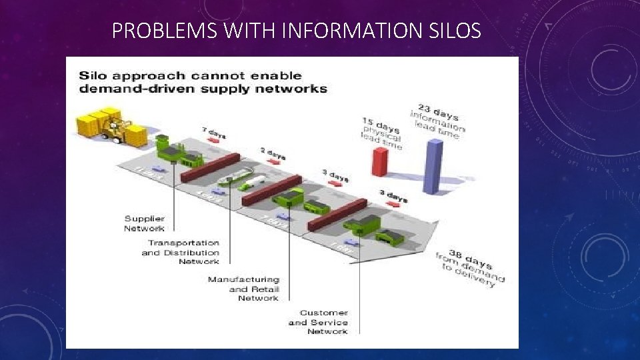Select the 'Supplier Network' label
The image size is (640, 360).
(144, 223)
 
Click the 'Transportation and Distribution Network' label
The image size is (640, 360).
(181, 252)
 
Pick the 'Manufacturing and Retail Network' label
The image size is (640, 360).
(243, 288)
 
